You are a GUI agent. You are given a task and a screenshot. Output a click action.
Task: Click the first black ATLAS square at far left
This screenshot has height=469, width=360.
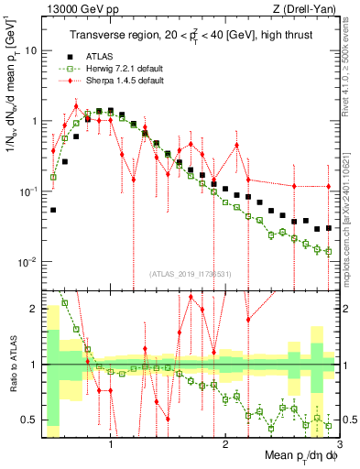click(x=53, y=210)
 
